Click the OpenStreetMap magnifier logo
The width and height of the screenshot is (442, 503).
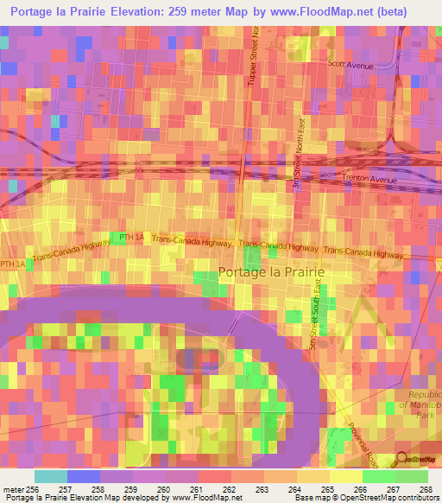pyautogui.click(x=403, y=460)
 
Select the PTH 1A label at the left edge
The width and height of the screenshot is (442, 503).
pyautogui.click(x=12, y=264)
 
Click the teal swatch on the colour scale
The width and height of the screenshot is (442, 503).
pyautogui.click(x=50, y=475)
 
